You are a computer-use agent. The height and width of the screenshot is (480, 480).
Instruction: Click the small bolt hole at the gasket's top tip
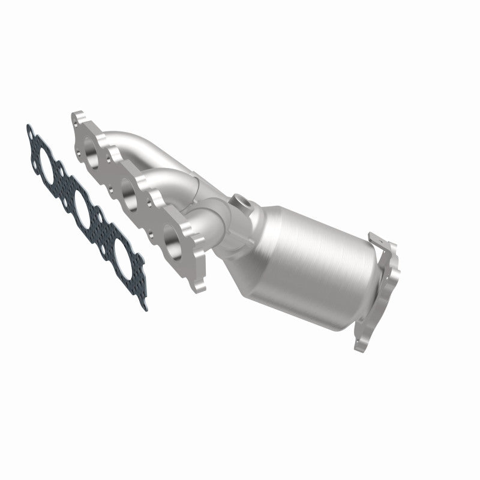point(29,130)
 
